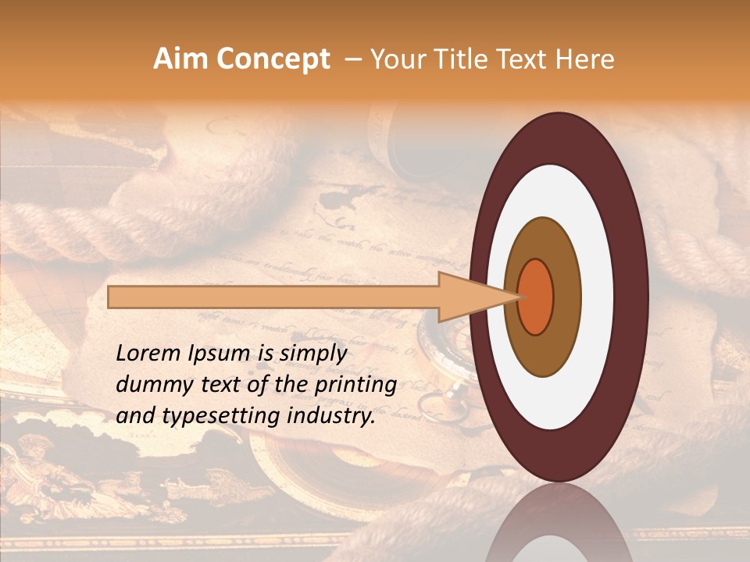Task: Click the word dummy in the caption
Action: pos(152,385)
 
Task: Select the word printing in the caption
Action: pos(355,386)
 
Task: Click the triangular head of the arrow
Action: pos(469,297)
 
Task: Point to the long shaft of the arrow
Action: pos(273,297)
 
